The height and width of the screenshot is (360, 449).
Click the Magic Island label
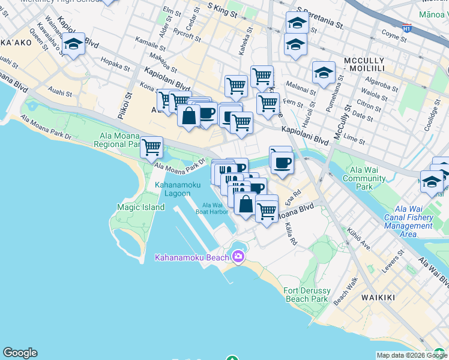(140, 207)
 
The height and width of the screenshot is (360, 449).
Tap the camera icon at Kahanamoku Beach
(238, 257)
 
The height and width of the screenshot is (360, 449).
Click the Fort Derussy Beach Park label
(306, 295)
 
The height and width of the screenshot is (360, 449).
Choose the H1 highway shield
(407, 28)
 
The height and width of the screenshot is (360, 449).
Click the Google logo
(20, 353)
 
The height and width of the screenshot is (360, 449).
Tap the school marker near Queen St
(73, 45)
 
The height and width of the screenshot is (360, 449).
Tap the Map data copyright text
(412, 355)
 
